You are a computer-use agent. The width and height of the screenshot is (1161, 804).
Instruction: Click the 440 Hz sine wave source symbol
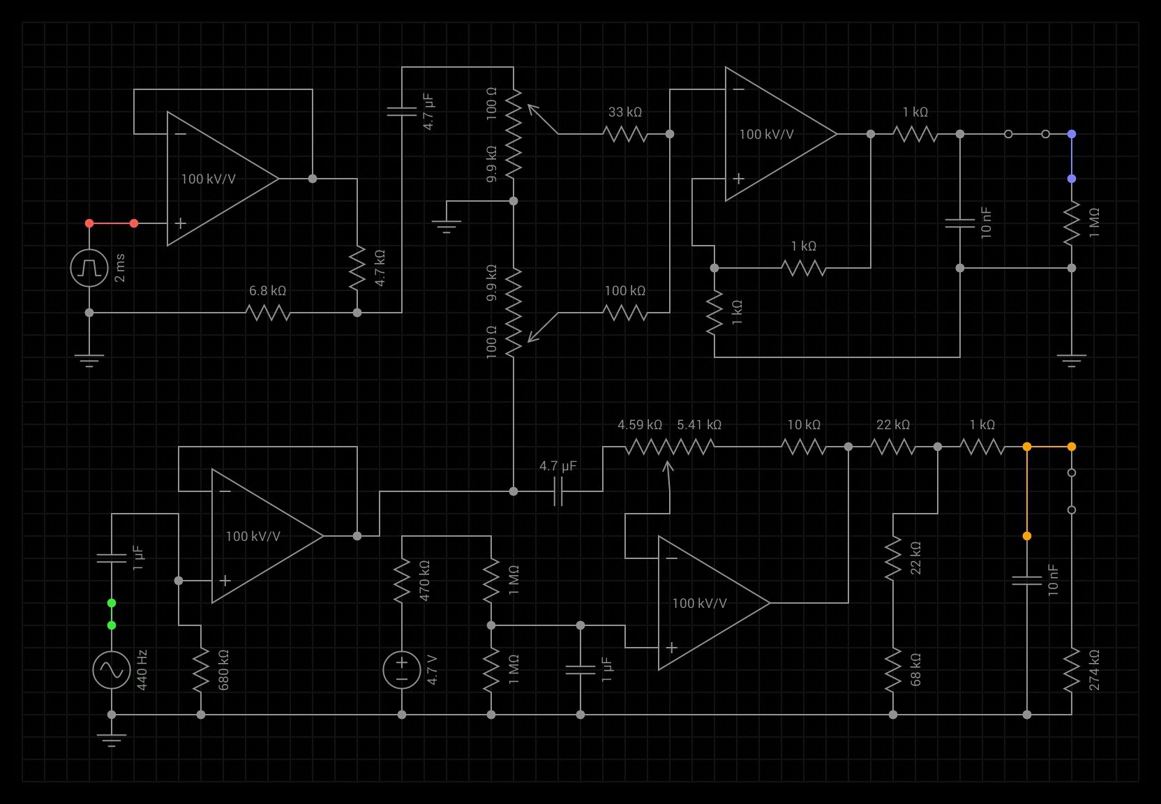[112, 670]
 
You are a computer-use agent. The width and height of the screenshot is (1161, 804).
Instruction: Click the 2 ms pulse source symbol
[89, 268]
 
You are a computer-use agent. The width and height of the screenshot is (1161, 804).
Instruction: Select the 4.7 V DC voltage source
[402, 670]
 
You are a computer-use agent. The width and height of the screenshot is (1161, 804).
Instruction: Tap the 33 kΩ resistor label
[624, 112]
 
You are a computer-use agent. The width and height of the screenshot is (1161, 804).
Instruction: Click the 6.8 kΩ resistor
[268, 313]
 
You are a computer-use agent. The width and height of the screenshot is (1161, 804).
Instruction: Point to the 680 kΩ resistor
[201, 670]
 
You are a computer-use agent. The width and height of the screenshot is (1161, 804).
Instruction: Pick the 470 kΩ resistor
[402, 581]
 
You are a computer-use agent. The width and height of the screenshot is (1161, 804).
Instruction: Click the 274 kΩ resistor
[1072, 670]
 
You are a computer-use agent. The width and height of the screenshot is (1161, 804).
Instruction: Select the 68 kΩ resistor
[893, 670]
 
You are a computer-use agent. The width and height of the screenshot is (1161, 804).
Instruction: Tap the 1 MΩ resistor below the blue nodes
[1072, 223]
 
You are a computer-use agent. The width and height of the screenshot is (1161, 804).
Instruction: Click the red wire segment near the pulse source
[112, 223]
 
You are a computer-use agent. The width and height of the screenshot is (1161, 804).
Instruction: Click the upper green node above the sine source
[112, 603]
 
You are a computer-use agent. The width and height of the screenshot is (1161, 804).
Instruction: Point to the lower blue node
[1072, 179]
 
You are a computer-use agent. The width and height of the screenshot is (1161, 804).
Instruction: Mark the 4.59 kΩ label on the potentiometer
[639, 424]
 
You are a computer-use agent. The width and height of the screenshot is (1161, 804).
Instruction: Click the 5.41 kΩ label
[699, 424]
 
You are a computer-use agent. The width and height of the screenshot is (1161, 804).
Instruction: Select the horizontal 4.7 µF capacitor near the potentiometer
[558, 491]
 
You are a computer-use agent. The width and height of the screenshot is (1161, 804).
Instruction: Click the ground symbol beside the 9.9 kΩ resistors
[447, 225]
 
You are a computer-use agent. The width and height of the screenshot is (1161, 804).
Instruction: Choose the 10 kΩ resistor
[804, 447]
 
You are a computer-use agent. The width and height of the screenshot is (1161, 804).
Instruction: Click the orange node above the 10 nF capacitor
[1027, 536]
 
